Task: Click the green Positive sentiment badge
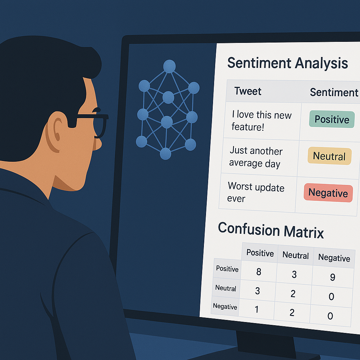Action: click(x=332, y=119)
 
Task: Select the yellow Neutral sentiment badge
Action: click(x=329, y=156)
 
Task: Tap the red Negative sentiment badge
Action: click(x=328, y=193)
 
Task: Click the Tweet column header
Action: click(x=248, y=91)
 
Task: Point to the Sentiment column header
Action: click(x=334, y=92)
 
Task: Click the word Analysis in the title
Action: click(x=321, y=63)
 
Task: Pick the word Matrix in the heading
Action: click(x=304, y=232)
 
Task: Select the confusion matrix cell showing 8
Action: click(x=259, y=272)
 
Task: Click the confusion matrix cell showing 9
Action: click(x=333, y=277)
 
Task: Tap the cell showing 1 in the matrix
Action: click(x=257, y=309)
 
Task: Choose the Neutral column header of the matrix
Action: click(x=295, y=255)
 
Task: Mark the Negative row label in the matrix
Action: click(x=225, y=306)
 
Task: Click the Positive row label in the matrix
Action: click(x=227, y=269)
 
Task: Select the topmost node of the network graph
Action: click(x=169, y=66)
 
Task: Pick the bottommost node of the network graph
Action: click(x=165, y=154)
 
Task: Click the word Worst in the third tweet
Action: click(x=240, y=186)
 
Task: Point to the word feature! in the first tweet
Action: click(x=248, y=127)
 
